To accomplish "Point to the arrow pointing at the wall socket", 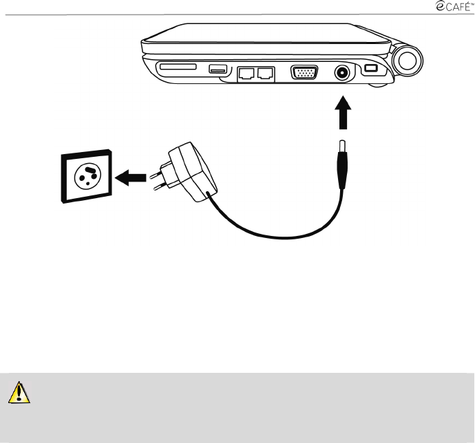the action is [129, 177].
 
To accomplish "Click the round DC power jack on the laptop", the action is [341, 72].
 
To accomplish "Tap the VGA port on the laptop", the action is [304, 72].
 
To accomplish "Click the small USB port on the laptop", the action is [218, 68].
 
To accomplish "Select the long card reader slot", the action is [177, 67].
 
